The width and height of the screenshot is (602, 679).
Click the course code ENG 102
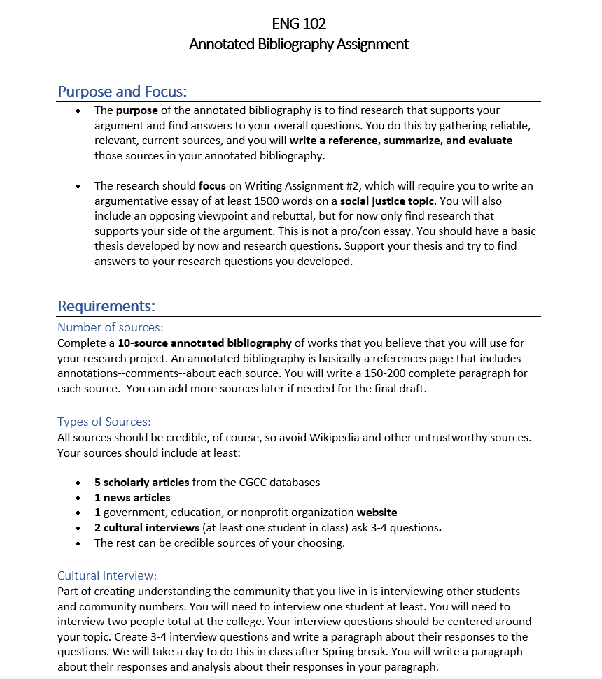(x=299, y=24)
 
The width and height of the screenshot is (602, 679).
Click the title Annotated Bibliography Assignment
(x=299, y=44)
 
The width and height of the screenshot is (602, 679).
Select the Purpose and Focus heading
(x=122, y=92)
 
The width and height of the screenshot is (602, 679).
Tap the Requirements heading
(x=106, y=306)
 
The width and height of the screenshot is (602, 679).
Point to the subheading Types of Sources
(x=104, y=422)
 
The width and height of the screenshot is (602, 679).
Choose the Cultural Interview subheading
(x=107, y=576)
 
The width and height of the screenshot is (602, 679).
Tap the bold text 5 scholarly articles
(x=141, y=482)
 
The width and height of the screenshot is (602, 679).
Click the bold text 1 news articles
(x=132, y=498)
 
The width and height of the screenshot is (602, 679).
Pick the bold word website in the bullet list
(x=377, y=513)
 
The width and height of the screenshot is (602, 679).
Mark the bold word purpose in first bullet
(x=137, y=110)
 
